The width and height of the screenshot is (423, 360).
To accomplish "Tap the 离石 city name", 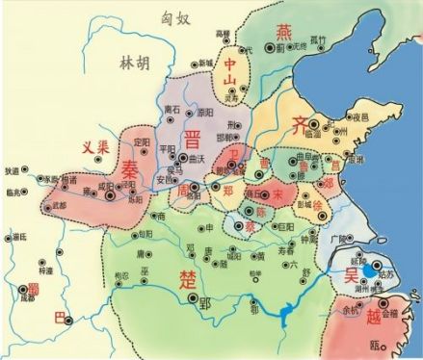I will point(173,109).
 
